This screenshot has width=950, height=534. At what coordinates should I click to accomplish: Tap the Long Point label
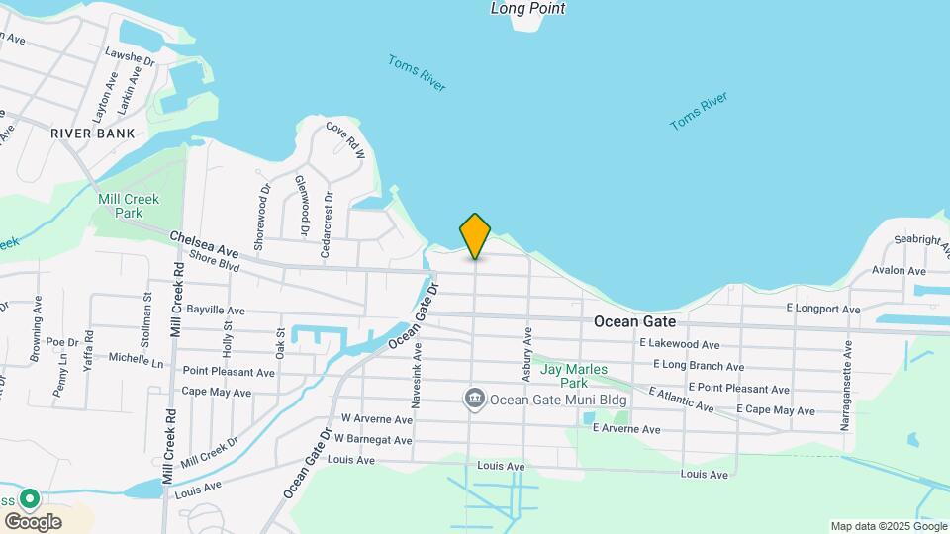tap(527, 9)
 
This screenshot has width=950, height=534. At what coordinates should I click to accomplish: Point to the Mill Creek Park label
tap(129, 206)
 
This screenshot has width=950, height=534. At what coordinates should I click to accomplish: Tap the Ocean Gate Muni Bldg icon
tap(475, 399)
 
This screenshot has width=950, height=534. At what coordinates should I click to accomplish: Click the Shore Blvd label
tap(215, 261)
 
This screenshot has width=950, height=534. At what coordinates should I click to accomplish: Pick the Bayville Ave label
tap(216, 311)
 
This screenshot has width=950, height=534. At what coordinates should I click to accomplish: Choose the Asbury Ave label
tap(527, 351)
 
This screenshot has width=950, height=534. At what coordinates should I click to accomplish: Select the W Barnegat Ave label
tap(373, 438)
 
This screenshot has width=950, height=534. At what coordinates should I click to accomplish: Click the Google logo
tap(33, 521)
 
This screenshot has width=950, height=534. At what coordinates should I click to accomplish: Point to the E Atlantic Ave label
tap(682, 400)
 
